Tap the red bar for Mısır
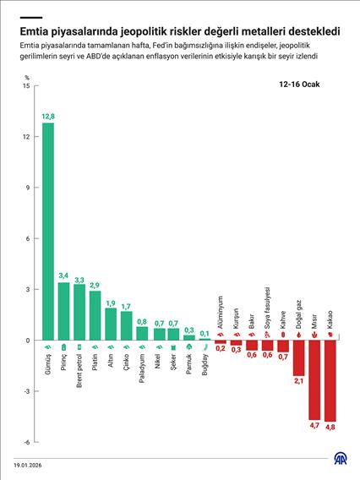click(314, 379)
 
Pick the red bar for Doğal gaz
click(298, 357)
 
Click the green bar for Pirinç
click(63, 311)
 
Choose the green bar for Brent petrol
click(79, 312)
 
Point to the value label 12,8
click(48, 116)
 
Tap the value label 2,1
click(298, 381)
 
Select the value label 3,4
click(63, 275)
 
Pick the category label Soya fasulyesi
click(267, 307)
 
